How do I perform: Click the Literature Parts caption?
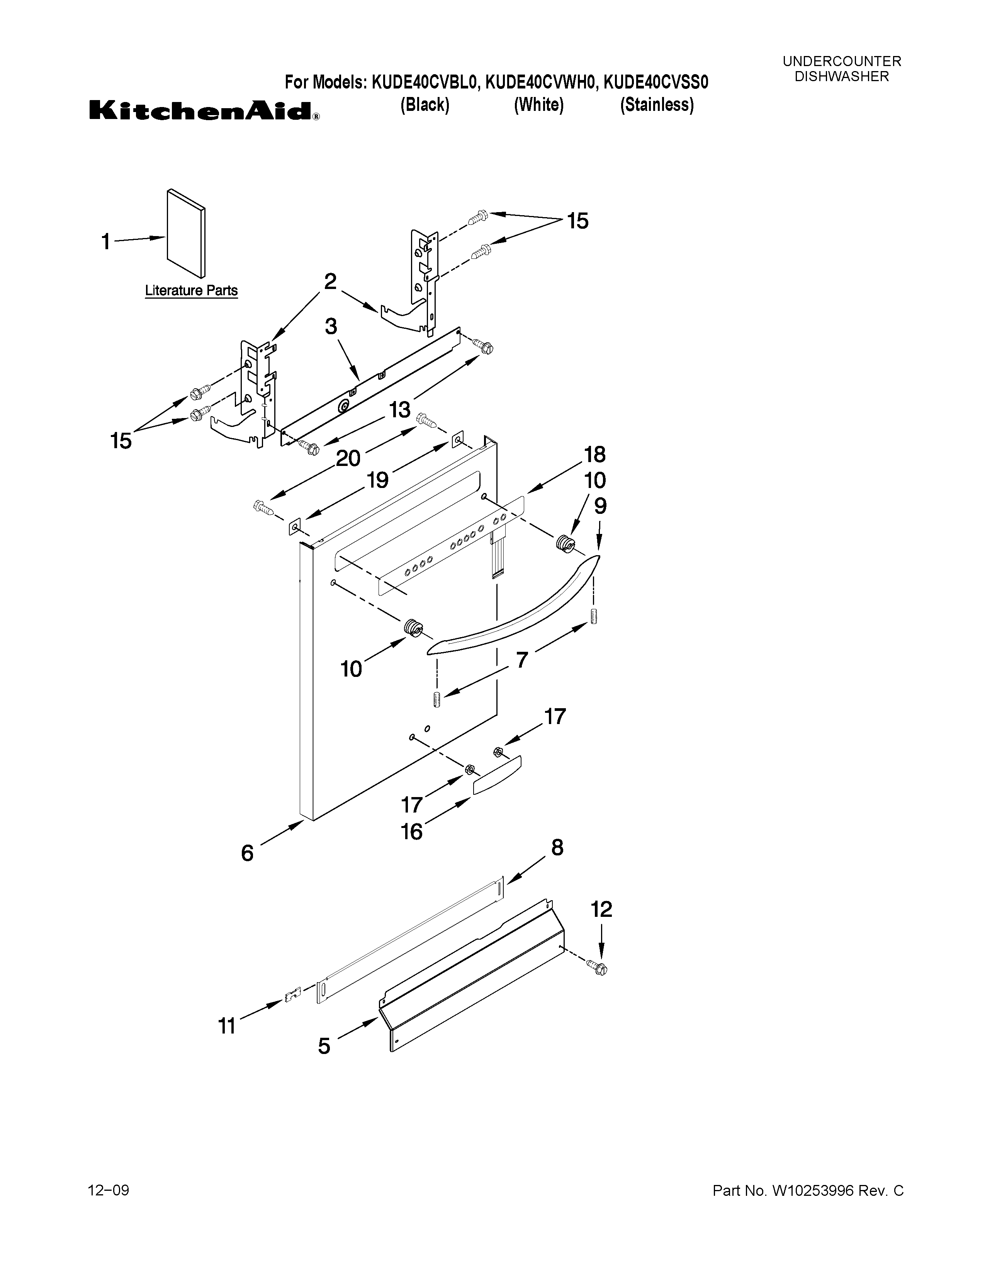[x=191, y=290]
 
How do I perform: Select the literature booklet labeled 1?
[x=185, y=233]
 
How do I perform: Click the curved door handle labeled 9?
[x=513, y=607]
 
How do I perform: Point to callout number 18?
[x=594, y=454]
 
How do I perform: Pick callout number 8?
[x=557, y=847]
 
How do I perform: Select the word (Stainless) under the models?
[x=656, y=105]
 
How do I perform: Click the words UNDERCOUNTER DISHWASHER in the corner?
[x=841, y=69]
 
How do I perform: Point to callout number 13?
[x=400, y=410]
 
